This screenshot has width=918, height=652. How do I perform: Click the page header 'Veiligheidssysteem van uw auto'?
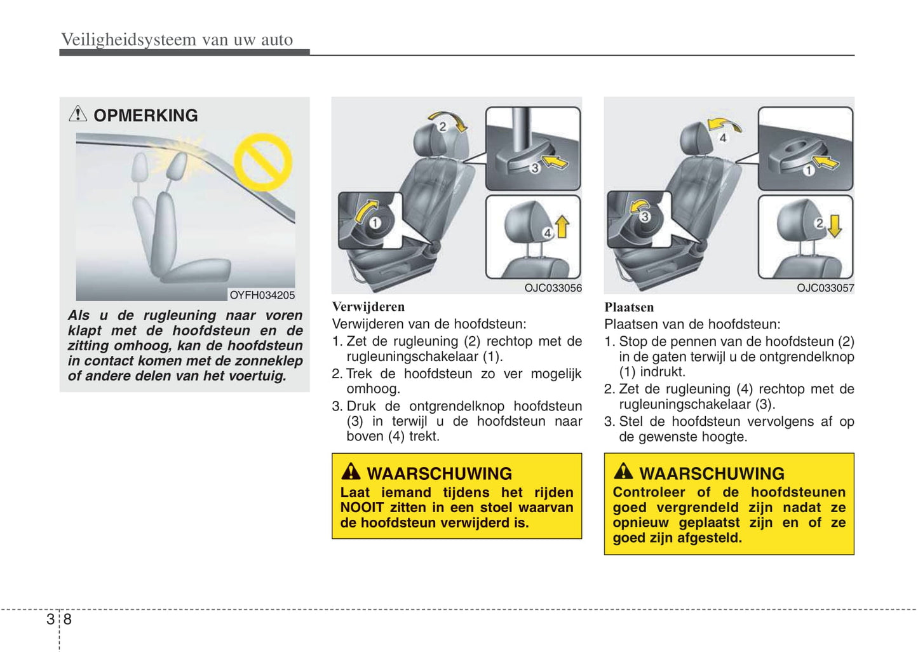click(x=177, y=39)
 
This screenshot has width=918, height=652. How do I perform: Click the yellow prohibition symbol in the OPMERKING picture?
click(x=263, y=162)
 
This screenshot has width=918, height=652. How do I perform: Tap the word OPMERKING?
click(x=145, y=116)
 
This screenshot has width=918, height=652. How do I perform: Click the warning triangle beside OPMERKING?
click(x=78, y=114)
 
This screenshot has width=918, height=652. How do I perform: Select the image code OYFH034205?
click(x=262, y=295)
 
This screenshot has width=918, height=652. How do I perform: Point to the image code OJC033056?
click(x=553, y=288)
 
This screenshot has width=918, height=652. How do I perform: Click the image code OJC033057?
click(x=825, y=288)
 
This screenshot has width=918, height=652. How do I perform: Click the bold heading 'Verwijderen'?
click(x=368, y=307)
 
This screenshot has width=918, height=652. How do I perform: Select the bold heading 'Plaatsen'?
click(x=628, y=308)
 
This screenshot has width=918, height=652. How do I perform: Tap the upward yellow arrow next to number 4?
click(x=562, y=227)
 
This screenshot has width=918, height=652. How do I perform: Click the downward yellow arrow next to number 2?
click(x=835, y=225)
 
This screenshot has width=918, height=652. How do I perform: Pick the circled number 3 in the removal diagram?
click(x=535, y=168)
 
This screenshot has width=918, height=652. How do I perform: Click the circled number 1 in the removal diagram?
click(x=375, y=222)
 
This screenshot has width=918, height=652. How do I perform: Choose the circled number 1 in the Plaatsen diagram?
click(x=808, y=170)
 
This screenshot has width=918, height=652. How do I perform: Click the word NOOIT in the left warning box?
click(x=361, y=508)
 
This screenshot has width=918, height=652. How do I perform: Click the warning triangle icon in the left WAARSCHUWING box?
click(x=351, y=472)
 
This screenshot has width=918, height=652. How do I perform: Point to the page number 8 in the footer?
click(x=68, y=619)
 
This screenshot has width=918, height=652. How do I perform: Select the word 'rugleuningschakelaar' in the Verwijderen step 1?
click(x=412, y=357)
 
